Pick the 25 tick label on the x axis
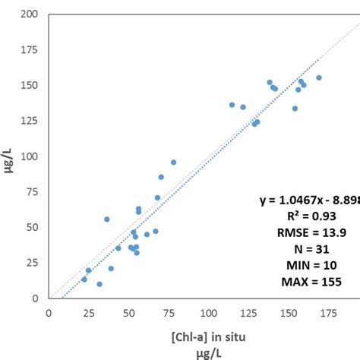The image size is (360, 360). [89, 311]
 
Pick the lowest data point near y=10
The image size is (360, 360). [99, 284]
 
